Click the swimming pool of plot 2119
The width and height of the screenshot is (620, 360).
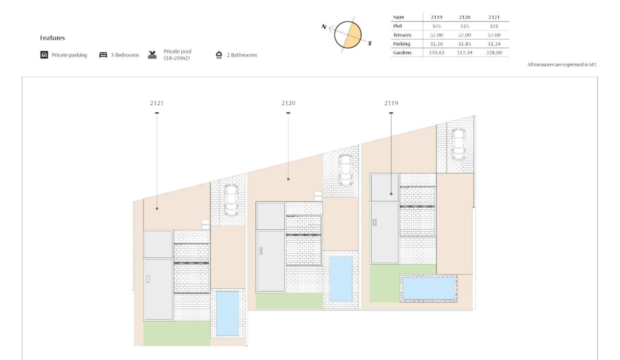pos(428,288)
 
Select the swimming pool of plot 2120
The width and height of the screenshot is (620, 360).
pos(341,279)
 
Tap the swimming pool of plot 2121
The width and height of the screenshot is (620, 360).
pos(227,313)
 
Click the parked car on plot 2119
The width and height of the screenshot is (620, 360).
pos(458,144)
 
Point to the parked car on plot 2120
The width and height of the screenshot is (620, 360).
pos(345,170)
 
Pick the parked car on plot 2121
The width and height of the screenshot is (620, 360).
pos(231,200)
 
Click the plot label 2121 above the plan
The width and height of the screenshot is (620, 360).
pos(157,103)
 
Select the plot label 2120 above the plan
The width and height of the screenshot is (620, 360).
pos(288,103)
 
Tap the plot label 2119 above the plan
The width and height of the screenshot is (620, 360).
pos(391,103)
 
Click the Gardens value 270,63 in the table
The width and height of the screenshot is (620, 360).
pos(436,52)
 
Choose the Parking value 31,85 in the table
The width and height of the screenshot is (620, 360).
pos(464,43)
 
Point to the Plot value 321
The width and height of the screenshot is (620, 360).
pos(494,26)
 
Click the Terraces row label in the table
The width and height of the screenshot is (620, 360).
pos(402,35)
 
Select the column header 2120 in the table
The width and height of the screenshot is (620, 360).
pos(464,17)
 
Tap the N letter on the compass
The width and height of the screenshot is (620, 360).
pos(324,27)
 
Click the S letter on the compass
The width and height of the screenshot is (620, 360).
pos(370,43)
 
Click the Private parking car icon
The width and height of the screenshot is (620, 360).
pos(44,55)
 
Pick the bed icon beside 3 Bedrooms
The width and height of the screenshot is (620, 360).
pos(103,55)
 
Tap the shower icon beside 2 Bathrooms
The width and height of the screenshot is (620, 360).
pos(219,55)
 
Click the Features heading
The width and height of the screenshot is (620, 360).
pos(52,38)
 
